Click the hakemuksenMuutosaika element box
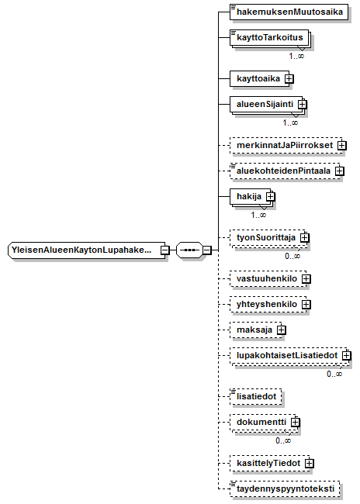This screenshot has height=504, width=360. pos(289,12)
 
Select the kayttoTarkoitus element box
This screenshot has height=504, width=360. pos(269,38)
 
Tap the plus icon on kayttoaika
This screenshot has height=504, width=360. pos(289,79)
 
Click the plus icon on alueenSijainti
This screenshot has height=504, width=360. pos(303,104)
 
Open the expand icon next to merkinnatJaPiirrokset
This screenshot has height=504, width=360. pos(341,145)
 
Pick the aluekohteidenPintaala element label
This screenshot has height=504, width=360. pos(283,171)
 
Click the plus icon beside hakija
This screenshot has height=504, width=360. pos(271,196)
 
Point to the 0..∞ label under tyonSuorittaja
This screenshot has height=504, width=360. pos(292,256)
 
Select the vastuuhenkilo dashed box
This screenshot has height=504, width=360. pos(268,278)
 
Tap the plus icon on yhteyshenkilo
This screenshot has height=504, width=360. pos(306,304)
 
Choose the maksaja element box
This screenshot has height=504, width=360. pos(256,330)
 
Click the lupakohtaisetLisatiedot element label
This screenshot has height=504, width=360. pos(287,355)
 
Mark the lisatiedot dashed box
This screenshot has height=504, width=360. pos(256,396)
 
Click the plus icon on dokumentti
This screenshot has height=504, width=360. pos(295,422)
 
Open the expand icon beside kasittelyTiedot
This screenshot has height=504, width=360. pos(309,463)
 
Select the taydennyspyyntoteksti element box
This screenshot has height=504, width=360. pos(285,489)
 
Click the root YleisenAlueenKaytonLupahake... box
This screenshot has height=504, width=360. pos(86,250)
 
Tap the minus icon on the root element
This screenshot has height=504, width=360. pos(165,250)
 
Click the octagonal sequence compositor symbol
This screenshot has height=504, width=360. pos(189,250)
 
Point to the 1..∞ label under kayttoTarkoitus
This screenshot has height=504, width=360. pos(296,56)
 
